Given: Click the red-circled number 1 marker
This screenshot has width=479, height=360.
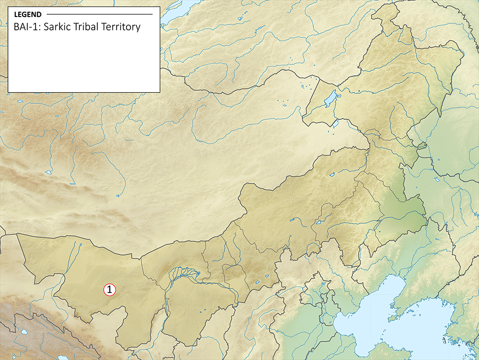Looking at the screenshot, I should click(109, 290).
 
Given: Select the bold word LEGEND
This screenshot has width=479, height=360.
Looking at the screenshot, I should click(28, 14).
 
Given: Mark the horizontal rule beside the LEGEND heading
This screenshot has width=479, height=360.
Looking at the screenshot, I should click(100, 14).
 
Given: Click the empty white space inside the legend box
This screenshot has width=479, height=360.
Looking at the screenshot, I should click(84, 64).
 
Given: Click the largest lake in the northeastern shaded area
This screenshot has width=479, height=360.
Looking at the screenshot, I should click(330, 99).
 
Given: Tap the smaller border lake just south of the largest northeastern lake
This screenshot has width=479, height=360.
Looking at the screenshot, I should click(335, 124).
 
